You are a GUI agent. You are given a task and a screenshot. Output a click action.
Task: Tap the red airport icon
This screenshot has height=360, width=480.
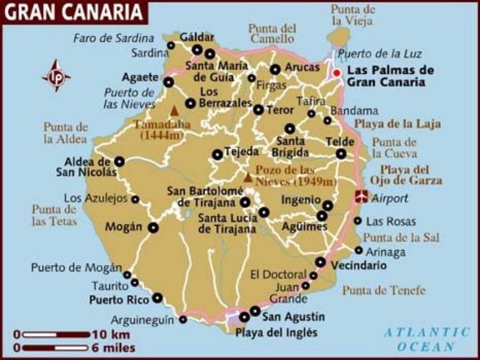pos(361,196)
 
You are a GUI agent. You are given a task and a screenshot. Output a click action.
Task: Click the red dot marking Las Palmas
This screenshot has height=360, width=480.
pos(337,73)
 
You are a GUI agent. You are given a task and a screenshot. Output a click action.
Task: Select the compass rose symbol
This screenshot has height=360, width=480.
pos(56,76)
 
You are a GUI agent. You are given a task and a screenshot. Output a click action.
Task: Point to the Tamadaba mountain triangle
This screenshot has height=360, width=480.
pos(174,110)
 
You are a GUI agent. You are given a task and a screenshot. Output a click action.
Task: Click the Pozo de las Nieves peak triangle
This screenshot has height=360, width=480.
pos(247,177)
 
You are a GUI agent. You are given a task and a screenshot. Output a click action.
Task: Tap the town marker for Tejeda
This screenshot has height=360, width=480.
pos(217,154)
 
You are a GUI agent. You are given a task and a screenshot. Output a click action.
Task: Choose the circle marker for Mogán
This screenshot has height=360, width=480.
pos(153,227)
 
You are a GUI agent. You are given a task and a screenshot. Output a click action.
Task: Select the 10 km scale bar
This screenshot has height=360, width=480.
pos(55,334)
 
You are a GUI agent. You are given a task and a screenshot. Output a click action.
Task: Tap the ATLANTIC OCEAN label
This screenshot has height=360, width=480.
pos(426,339)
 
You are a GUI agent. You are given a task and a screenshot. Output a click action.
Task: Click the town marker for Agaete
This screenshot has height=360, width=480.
pos(168,82)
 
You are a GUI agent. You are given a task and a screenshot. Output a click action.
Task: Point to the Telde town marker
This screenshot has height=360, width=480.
pos(341,153)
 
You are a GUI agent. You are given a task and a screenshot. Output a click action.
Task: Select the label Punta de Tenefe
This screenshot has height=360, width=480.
pos(384,291)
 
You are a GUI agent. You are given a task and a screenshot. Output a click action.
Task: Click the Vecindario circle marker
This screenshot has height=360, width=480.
pos(320,262)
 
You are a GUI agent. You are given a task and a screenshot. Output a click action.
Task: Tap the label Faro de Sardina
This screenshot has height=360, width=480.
pos(113,38)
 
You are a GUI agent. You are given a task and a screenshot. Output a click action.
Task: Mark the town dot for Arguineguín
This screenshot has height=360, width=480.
pos(183,319)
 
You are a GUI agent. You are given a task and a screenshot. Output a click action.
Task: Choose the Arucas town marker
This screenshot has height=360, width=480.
pos(276,69)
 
